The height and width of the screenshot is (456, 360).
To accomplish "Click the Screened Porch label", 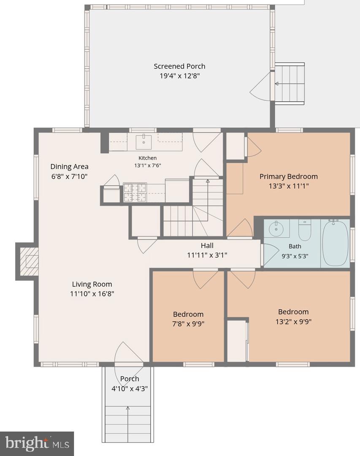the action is [x=179, y=66].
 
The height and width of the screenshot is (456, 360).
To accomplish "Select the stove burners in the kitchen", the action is [x=135, y=193].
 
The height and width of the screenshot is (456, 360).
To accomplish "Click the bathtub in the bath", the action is [x=335, y=244].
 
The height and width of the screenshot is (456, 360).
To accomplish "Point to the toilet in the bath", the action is [x=304, y=230].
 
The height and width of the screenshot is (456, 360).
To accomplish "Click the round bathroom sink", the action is [x=276, y=228].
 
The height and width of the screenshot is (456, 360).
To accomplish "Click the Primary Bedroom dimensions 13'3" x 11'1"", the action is [x=289, y=186].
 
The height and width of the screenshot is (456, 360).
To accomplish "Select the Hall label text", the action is [x=207, y=246].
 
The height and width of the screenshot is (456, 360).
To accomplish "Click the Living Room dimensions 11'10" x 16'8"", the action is [x=92, y=294].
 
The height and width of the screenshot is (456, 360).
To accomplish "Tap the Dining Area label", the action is [x=69, y=167].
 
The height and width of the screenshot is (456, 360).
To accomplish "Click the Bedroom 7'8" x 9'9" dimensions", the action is [x=188, y=324].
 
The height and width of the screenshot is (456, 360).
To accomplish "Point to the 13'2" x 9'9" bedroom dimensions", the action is [x=293, y=322].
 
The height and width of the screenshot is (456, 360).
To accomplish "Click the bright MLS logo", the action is [x=37, y=443].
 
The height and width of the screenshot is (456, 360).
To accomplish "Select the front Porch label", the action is [x=130, y=379].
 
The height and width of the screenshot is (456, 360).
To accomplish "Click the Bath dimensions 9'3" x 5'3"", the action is [x=295, y=257].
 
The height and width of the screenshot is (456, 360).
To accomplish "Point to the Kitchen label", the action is [x=147, y=158].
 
